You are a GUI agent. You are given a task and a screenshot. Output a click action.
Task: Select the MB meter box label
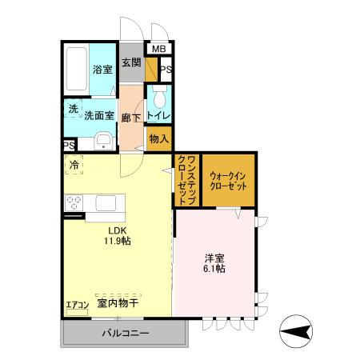click(x=158, y=49)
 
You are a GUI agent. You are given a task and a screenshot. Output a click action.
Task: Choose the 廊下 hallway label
click(x=130, y=118)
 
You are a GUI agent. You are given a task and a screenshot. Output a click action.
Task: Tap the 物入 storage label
click(x=158, y=138)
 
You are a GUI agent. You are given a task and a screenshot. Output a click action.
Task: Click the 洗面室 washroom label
click(x=100, y=116)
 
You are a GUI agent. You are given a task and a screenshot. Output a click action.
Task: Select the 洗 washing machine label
click(x=72, y=109)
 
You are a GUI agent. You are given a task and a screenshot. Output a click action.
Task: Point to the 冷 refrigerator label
click(x=74, y=165)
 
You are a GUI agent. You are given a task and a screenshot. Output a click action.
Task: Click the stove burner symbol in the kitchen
click(x=74, y=200)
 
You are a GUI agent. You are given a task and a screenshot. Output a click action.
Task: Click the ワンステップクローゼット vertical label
click(x=183, y=178)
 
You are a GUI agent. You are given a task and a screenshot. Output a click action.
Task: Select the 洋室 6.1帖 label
click(x=214, y=263)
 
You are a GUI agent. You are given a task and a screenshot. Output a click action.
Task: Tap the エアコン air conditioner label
click(x=78, y=305)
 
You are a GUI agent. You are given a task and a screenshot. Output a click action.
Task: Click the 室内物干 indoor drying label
click(x=118, y=303)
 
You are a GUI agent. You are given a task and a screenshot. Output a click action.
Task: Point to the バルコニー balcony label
click(x=124, y=334)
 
